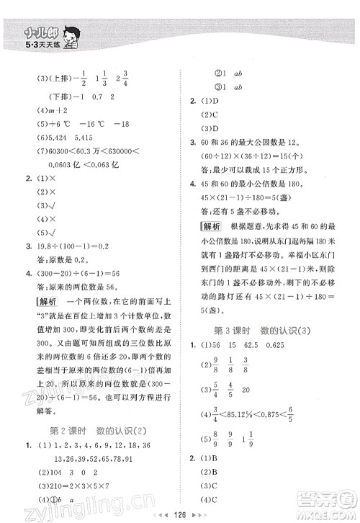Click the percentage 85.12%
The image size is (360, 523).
click(x=260, y=415)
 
